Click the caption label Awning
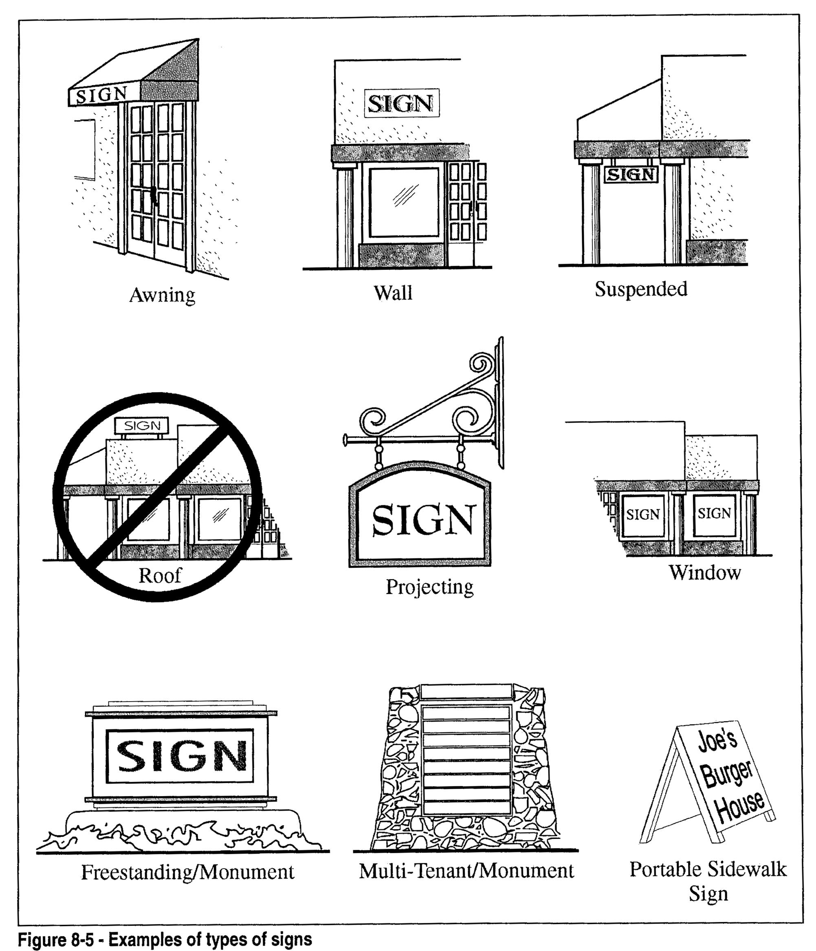click(x=163, y=295)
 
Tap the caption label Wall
click(x=393, y=293)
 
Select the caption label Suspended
click(x=641, y=289)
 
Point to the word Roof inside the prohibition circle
click(x=160, y=576)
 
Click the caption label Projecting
click(x=429, y=587)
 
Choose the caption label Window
click(x=704, y=573)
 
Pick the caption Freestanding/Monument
click(x=187, y=872)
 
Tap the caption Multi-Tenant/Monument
click(x=466, y=871)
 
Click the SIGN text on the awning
click(x=101, y=95)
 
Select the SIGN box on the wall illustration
click(x=401, y=103)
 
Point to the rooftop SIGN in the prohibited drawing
click(x=142, y=426)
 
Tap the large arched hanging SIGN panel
click(x=421, y=521)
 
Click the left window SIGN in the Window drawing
click(x=642, y=514)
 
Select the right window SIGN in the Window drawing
click(x=714, y=513)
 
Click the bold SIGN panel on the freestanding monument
click(x=180, y=755)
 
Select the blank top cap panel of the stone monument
click(x=466, y=691)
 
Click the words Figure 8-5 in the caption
click(x=55, y=940)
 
